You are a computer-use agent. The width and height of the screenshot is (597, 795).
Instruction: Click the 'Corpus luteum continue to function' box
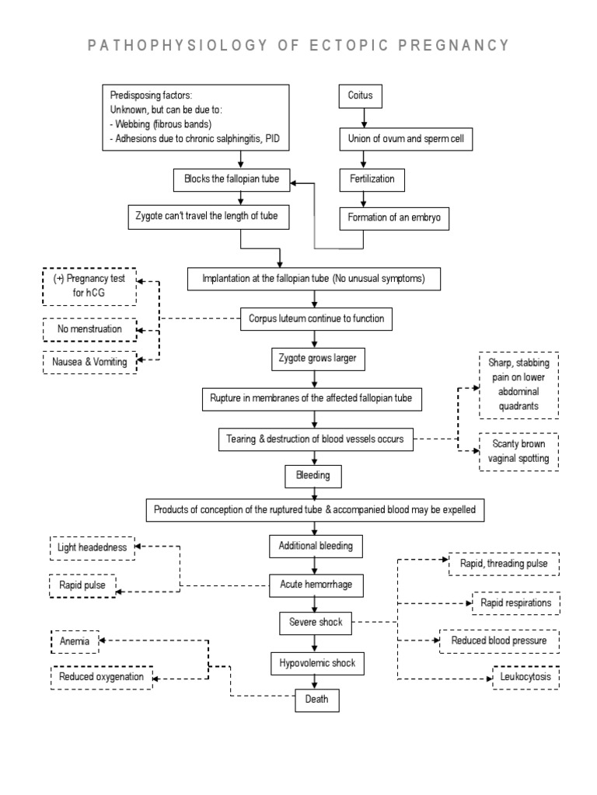pos(315,318)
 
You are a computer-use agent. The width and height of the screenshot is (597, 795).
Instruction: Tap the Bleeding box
pos(313,474)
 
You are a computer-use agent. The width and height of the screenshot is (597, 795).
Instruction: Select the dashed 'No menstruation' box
pos(89,329)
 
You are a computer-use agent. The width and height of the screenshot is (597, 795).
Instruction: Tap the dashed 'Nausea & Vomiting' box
pos(89,362)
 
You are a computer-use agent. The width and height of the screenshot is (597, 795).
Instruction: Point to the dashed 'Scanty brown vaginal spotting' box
pos(518,451)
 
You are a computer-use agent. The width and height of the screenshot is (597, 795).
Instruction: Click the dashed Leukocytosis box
pos(526,679)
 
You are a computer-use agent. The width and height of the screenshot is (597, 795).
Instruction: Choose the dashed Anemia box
pos(74,641)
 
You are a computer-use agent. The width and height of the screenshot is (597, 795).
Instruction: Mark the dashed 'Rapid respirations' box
pos(516,602)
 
